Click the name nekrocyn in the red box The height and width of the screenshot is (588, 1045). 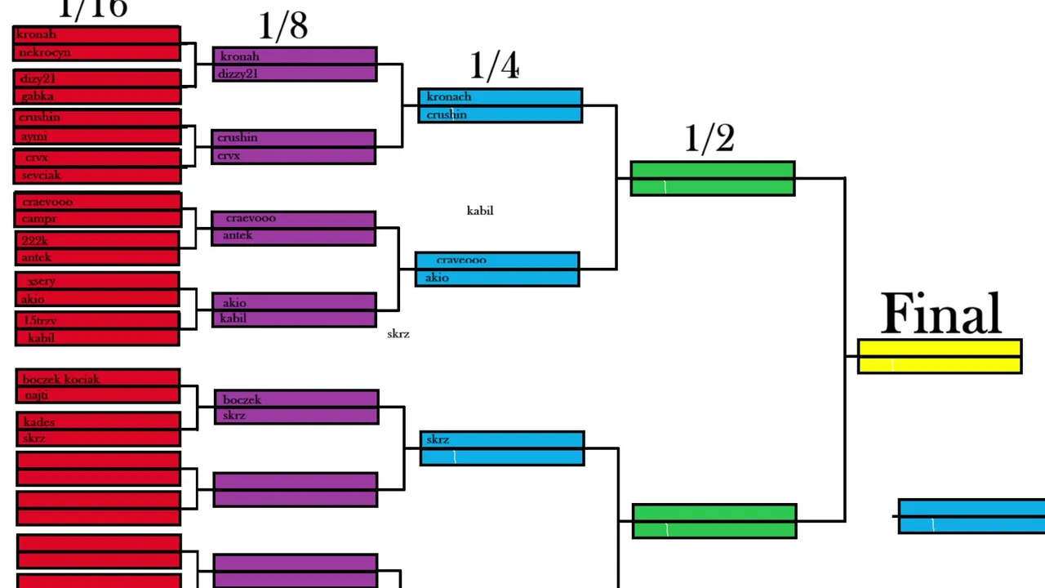point(44,52)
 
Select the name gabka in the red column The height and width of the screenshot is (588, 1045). point(38,96)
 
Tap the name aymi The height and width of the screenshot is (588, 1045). point(34,136)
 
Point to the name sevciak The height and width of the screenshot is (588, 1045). point(41,175)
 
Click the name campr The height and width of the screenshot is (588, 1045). point(39,219)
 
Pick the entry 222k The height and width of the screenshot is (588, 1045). point(34,240)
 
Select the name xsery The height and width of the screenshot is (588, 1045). point(42,281)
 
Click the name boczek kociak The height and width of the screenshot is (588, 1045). point(61,379)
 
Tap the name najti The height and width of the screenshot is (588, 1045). point(37,395)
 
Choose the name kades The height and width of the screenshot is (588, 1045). point(39,422)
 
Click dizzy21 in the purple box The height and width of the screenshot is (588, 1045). point(238,73)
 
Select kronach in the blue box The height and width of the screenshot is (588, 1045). point(448,96)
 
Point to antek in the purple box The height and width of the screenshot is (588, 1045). point(238,235)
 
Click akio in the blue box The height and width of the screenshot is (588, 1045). point(437,278)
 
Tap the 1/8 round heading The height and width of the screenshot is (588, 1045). point(283,27)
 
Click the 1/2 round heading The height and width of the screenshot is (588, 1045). point(709,139)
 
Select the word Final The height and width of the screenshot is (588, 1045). point(941,314)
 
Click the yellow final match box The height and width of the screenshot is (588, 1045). point(939,357)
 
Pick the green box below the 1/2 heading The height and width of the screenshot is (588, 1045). point(712,178)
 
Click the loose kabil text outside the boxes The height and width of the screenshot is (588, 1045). point(480,211)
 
